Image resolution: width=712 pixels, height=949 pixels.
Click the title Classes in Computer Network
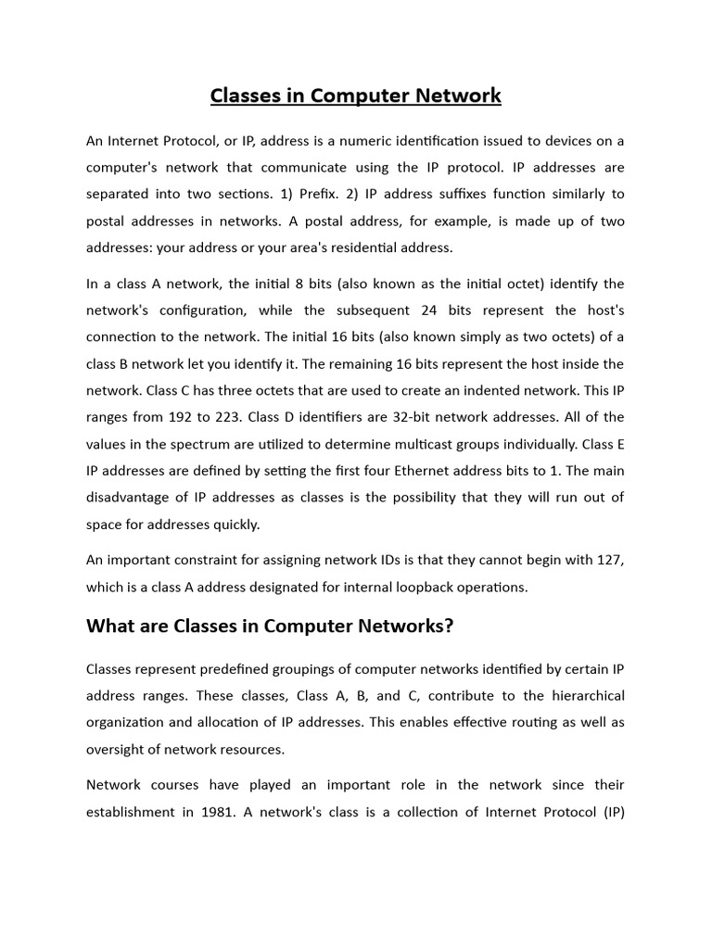(x=356, y=95)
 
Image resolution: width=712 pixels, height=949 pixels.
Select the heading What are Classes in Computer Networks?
(x=270, y=626)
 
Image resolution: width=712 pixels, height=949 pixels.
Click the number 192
(x=191, y=417)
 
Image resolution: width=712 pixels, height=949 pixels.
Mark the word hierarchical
(x=580, y=695)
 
